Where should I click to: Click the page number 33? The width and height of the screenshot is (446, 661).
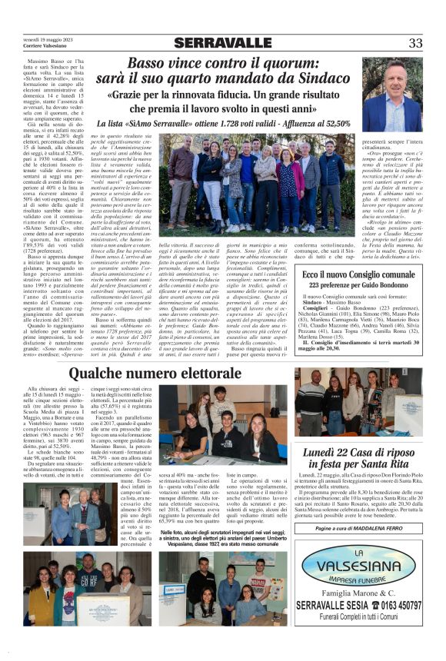[415, 43]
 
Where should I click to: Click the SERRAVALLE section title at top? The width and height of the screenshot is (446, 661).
[222, 43]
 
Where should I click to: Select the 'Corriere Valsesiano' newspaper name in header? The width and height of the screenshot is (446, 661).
[45, 47]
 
